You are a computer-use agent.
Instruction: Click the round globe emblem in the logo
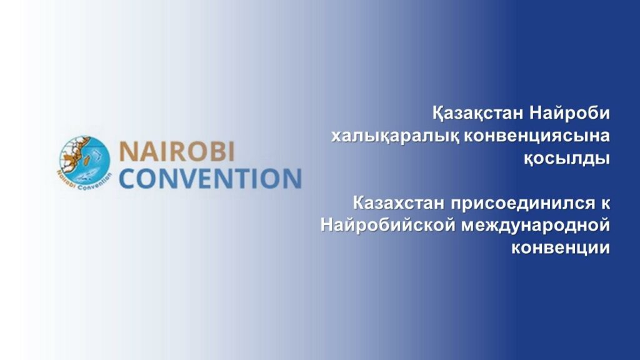point(84,161)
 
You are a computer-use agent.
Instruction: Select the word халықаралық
point(394,136)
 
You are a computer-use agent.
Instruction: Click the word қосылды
point(566,158)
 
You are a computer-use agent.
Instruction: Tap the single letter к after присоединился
point(604,202)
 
